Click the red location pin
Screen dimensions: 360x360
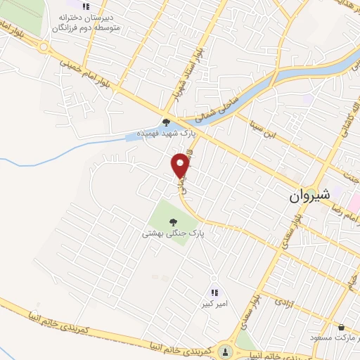pyautogui.click(x=181, y=166)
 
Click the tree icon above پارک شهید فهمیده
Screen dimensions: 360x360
pyautogui.click(x=166, y=121)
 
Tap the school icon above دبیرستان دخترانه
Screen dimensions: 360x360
pyautogui.click(x=86, y=6)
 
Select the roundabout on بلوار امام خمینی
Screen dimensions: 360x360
pyautogui.click(x=44, y=49)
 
